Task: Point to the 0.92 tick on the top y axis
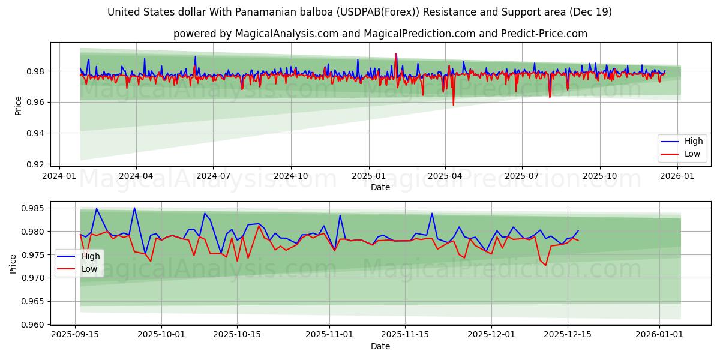pyautogui.click(x=37, y=164)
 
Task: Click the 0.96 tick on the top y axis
pyautogui.click(x=37, y=102)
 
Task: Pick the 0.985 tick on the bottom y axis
pyautogui.click(x=35, y=209)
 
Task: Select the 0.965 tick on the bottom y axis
pyautogui.click(x=35, y=302)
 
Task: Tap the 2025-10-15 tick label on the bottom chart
pyautogui.click(x=237, y=334)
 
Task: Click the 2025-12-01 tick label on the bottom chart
pyautogui.click(x=491, y=334)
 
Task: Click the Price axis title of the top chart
pyautogui.click(x=19, y=106)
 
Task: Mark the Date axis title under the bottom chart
pyautogui.click(x=380, y=346)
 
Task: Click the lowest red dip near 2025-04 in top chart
pyautogui.click(x=453, y=105)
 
